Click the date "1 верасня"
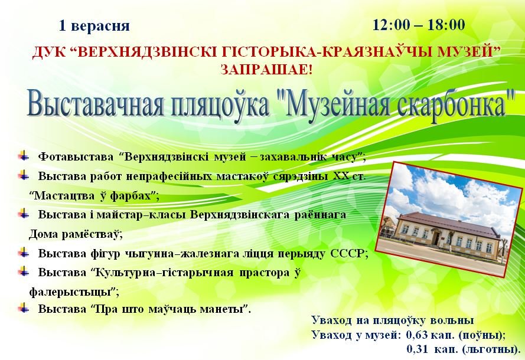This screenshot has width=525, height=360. pos(94,26)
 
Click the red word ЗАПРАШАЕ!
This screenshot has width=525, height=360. pos(266,69)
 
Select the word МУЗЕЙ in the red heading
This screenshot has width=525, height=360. pos(469,53)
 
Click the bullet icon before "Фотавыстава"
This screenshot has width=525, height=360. pos(24,156)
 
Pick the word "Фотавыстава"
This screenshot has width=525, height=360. pos(76,156)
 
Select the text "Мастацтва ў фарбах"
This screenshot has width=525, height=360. pos(93,195)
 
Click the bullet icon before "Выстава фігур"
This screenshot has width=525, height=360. pos(24,253)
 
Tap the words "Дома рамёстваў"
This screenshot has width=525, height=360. pos(76,234)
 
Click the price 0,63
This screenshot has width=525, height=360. pos(416,335)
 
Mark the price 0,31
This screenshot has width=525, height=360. pos(416,349)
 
